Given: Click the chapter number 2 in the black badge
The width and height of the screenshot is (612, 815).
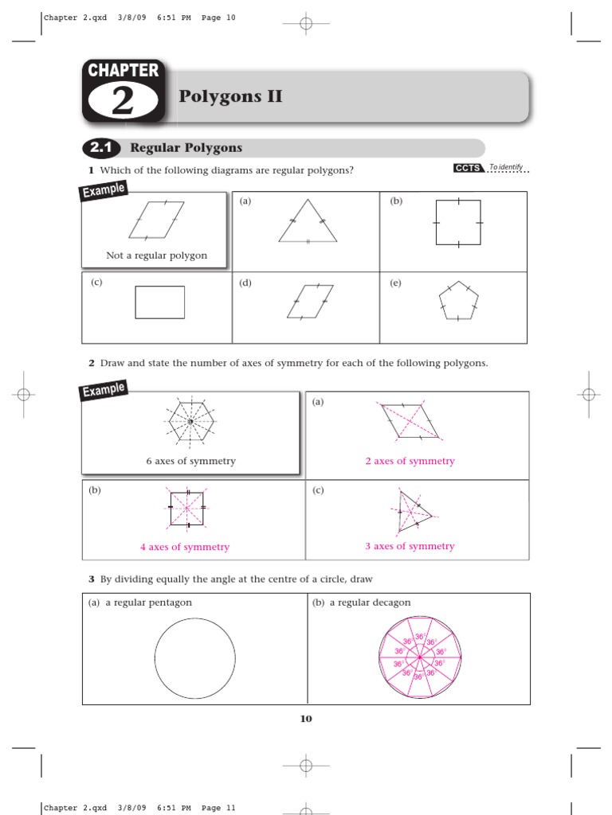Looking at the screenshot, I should click(x=124, y=102).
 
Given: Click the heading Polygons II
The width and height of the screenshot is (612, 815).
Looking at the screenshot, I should click(x=230, y=97).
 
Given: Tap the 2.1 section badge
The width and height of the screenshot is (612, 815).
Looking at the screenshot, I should click(x=100, y=148).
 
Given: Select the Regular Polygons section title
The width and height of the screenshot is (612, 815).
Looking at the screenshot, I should click(x=186, y=148).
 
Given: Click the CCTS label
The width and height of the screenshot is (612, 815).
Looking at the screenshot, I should click(x=468, y=168).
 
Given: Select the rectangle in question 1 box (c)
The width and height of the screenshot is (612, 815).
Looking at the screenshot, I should click(x=159, y=302).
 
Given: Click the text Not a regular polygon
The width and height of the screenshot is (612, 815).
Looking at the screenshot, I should click(x=156, y=255).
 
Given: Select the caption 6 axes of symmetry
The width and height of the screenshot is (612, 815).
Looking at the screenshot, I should click(x=190, y=461).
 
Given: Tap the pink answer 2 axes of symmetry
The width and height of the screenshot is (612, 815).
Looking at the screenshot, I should click(x=410, y=461).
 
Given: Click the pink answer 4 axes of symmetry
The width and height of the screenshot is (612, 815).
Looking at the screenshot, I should click(x=184, y=547).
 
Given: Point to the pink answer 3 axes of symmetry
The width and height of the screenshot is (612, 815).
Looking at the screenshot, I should click(x=410, y=546).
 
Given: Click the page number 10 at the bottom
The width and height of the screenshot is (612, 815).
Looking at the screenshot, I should click(x=306, y=719).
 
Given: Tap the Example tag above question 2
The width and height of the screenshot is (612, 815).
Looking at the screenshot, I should click(x=104, y=392).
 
